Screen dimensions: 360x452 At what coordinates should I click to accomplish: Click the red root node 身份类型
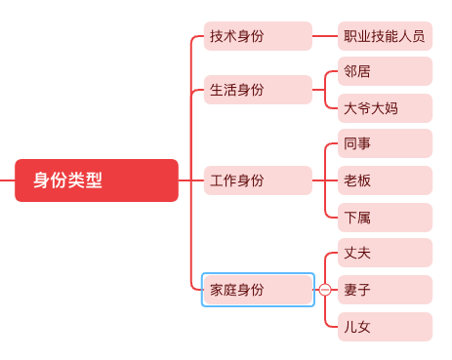tap(97, 180)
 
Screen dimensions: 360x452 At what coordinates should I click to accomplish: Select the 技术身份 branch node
tap(258, 36)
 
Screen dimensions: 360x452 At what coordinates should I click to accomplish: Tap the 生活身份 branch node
tap(258, 90)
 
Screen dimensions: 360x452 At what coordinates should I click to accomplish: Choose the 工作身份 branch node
tap(258, 180)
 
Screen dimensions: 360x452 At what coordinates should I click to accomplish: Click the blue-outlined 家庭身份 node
tap(258, 290)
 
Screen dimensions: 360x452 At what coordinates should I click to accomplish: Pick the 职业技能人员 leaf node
tap(385, 36)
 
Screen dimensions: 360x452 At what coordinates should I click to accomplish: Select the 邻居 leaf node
tap(385, 71)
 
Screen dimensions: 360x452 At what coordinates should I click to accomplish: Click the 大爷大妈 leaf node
tap(385, 107)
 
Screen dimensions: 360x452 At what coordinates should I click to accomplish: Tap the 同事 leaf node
tap(385, 144)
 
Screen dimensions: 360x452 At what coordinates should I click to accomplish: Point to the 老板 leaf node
tap(385, 180)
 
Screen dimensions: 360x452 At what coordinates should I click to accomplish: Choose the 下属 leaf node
tap(385, 217)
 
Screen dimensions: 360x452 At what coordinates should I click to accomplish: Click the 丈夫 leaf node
tap(385, 254)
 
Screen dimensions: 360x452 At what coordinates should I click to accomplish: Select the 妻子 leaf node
tap(385, 290)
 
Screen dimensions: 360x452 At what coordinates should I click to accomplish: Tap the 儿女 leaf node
tap(385, 326)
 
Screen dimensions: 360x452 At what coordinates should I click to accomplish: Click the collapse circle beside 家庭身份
tap(326, 290)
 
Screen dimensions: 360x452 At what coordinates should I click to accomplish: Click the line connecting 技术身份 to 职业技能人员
tap(325, 36)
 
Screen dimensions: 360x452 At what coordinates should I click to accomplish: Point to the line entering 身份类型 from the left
tap(7, 180)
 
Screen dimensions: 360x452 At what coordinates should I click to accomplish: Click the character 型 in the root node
tap(94, 180)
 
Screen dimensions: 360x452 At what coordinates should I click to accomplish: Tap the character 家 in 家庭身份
tap(217, 290)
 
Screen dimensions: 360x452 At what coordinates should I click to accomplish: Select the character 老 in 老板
tap(350, 180)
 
